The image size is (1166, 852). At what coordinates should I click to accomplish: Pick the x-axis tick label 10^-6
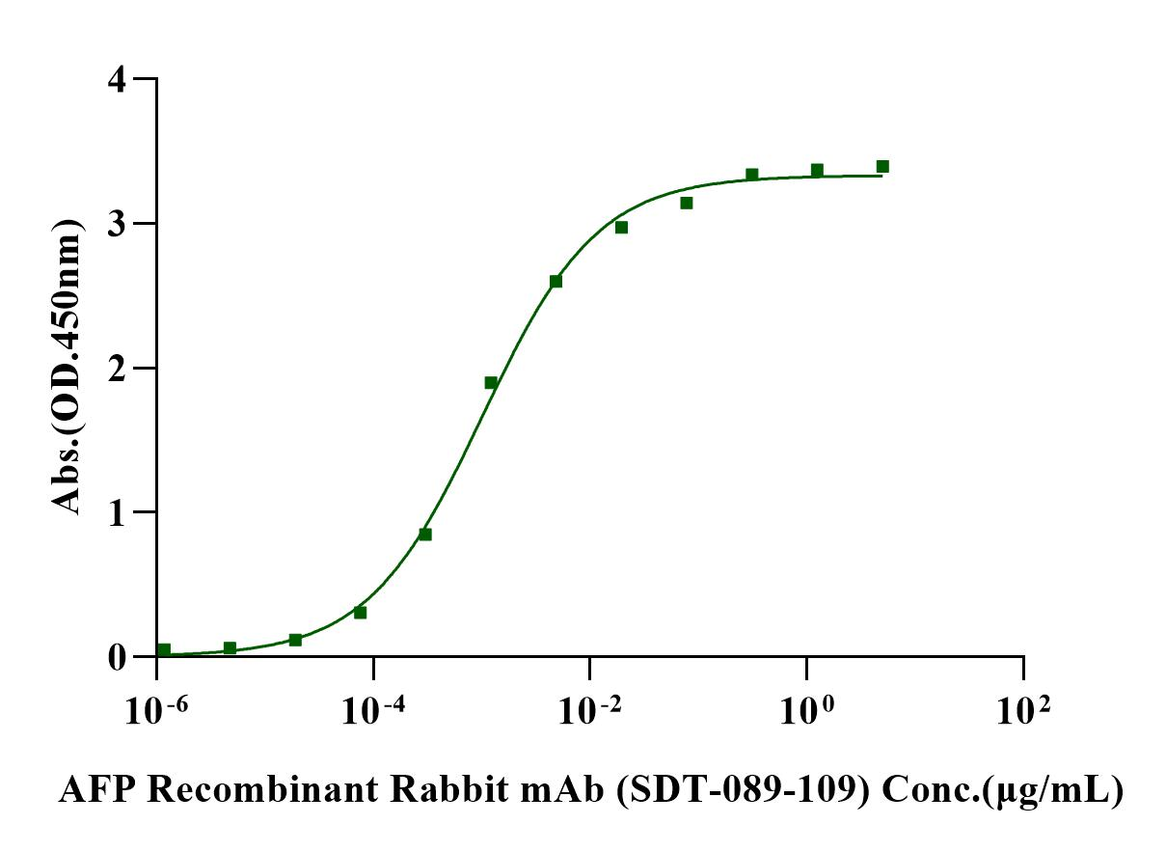click(x=155, y=712)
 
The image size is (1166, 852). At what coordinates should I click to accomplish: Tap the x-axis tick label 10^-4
click(x=372, y=712)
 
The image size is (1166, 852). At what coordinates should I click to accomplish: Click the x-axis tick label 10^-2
click(x=589, y=712)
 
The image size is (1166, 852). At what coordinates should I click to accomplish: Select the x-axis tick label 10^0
click(x=806, y=712)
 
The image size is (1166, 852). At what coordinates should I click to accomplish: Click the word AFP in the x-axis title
click(x=93, y=791)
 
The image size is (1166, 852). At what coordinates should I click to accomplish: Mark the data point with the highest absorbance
click(x=882, y=167)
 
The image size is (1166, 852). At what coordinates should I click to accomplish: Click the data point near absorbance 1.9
click(x=491, y=383)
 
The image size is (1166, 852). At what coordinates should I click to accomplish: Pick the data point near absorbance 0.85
click(x=425, y=535)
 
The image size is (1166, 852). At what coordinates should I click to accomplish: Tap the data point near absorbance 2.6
click(x=556, y=282)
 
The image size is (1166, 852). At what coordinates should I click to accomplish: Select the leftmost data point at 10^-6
click(x=164, y=650)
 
